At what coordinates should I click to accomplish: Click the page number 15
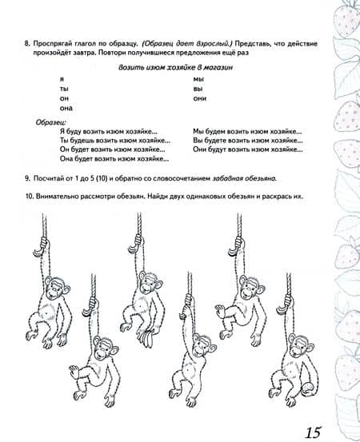tap(313, 432)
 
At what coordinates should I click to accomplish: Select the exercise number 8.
tap(27, 44)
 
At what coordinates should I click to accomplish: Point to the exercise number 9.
tap(27, 178)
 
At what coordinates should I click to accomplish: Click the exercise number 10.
tap(29, 196)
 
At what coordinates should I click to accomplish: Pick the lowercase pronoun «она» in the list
tap(66, 108)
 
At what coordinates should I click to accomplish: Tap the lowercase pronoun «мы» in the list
tap(198, 79)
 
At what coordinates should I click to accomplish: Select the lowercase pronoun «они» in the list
tap(200, 98)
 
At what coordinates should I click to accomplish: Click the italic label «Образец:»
tap(51, 122)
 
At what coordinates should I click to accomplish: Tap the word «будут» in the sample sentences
tap(216, 149)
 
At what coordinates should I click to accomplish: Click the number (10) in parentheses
tap(102, 178)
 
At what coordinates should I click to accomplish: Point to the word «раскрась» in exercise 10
tap(277, 197)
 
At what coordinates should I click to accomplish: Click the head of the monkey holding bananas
tap(150, 283)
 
